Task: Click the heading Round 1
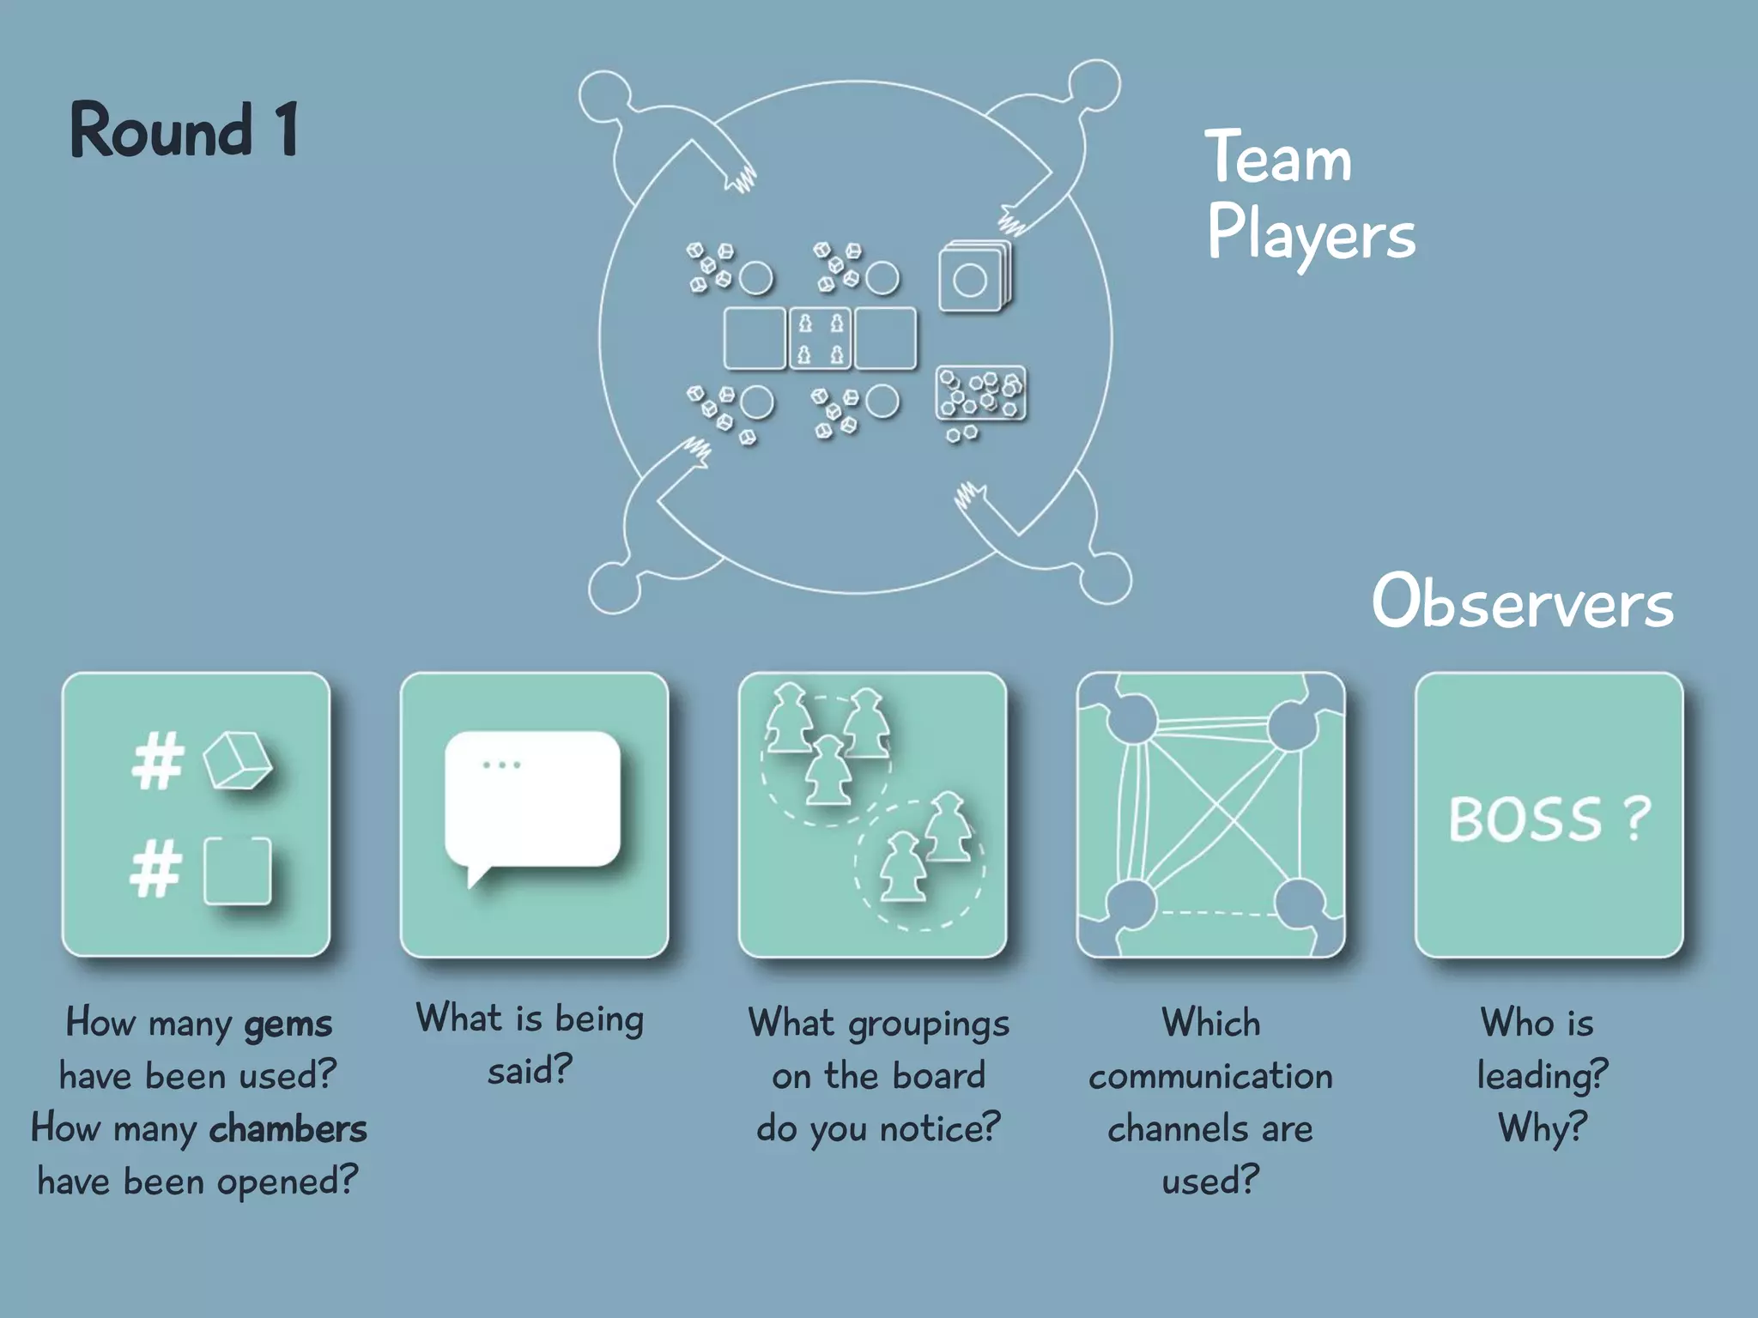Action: (184, 130)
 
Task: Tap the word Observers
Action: (1522, 602)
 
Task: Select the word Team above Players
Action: (1278, 158)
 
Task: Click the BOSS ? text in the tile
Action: (1549, 819)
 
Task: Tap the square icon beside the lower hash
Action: (238, 871)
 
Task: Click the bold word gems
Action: (288, 1024)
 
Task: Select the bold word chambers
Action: (288, 1129)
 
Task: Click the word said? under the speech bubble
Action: (530, 1071)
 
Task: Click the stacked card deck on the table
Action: (975, 277)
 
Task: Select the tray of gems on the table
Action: (980, 394)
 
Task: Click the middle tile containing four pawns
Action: (820, 338)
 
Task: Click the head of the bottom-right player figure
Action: (1106, 578)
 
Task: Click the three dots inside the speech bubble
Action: (501, 765)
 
